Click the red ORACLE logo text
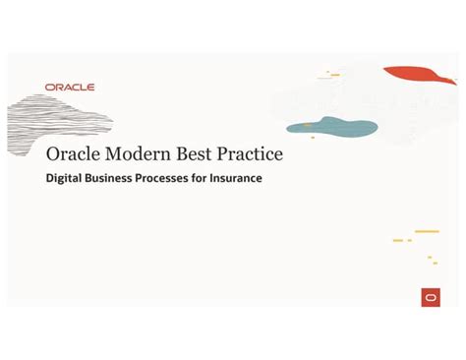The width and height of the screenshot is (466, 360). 70,88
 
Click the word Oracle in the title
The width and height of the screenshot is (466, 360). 73,156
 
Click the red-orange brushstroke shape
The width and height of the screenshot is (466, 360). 420,76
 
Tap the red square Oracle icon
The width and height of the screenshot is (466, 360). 431,297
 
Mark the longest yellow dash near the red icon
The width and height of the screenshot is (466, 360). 427,232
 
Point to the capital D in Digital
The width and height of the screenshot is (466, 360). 50,179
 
